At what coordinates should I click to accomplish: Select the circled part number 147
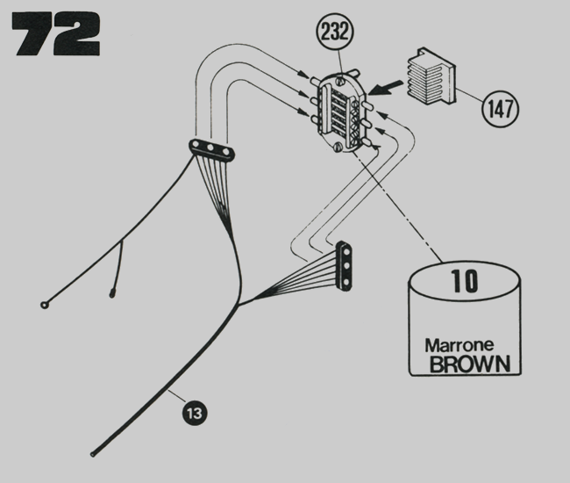coord(500,109)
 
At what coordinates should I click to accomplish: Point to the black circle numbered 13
coord(195,409)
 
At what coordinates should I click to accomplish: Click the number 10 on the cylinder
coord(464,281)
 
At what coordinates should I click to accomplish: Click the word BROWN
coord(467,364)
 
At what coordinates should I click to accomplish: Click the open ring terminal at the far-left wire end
coord(44,305)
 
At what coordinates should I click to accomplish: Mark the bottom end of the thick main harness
coord(93,453)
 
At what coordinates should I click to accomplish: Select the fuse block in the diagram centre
coord(341,114)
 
